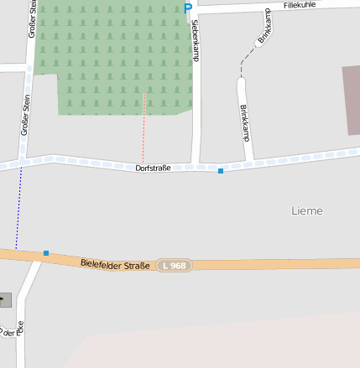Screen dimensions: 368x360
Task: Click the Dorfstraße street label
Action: click(153, 168)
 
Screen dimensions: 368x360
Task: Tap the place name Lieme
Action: click(306, 210)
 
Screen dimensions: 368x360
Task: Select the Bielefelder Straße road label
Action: click(115, 265)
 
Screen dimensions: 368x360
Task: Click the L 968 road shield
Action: click(175, 266)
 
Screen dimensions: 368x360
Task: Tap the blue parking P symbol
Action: click(188, 8)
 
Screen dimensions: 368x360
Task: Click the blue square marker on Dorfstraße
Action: click(221, 171)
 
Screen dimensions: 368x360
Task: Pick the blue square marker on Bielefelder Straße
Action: click(46, 253)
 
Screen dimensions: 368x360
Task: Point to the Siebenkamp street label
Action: click(196, 40)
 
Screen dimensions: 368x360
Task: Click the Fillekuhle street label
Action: click(303, 5)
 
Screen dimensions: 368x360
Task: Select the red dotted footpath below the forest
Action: click(143, 130)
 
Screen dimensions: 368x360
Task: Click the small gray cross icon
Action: click(4, 299)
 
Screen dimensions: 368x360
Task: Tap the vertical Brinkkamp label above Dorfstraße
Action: click(244, 122)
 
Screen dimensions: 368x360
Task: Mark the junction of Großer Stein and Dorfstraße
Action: click(23, 159)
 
